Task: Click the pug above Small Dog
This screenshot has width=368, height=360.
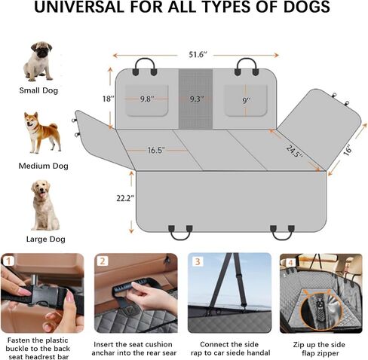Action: click(x=38, y=62)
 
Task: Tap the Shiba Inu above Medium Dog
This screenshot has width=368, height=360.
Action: click(x=42, y=133)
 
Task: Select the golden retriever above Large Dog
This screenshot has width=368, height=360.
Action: click(x=44, y=205)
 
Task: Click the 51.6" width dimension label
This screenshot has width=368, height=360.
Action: click(x=198, y=54)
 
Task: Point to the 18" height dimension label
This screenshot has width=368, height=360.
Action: click(x=109, y=99)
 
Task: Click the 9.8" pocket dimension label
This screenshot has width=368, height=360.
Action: click(x=147, y=99)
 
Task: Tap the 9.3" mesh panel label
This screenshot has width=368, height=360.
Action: click(x=197, y=99)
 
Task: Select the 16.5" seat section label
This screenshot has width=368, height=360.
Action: click(x=156, y=150)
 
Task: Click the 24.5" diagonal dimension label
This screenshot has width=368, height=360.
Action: click(x=294, y=151)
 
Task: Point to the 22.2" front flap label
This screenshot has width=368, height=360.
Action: click(x=125, y=198)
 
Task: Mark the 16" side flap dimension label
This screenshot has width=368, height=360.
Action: click(x=348, y=150)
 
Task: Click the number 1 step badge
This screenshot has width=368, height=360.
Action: click(x=9, y=261)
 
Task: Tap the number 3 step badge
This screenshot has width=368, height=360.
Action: click(x=198, y=261)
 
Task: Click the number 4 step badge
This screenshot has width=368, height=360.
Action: click(x=290, y=263)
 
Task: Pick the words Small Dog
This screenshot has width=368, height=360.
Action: click(x=38, y=90)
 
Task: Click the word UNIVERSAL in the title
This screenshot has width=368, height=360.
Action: click(x=79, y=7)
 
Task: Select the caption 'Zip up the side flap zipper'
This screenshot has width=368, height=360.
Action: click(x=319, y=349)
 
